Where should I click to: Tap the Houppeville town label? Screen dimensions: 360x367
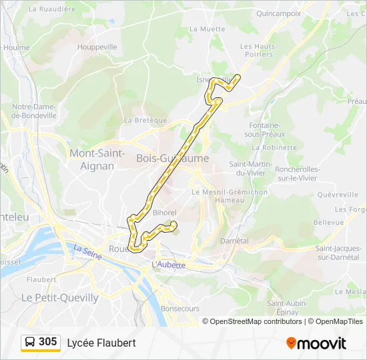click(97, 47)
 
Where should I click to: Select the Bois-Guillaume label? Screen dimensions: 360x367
click(172, 159)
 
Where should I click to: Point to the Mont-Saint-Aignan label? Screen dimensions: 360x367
click(97, 159)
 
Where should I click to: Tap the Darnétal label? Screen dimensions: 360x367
click(234, 241)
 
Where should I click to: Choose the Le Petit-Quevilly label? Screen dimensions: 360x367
click(60, 297)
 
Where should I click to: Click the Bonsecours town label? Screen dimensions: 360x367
click(180, 309)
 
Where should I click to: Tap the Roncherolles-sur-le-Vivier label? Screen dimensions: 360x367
click(297, 174)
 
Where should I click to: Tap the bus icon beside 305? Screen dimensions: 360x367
click(30, 342)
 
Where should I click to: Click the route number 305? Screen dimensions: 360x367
click(48, 342)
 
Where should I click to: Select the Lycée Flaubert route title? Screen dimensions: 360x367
click(101, 343)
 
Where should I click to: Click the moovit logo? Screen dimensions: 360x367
click(316, 343)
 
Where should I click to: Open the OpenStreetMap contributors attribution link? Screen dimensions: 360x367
click(256, 321)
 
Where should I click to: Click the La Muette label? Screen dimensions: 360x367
click(207, 29)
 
